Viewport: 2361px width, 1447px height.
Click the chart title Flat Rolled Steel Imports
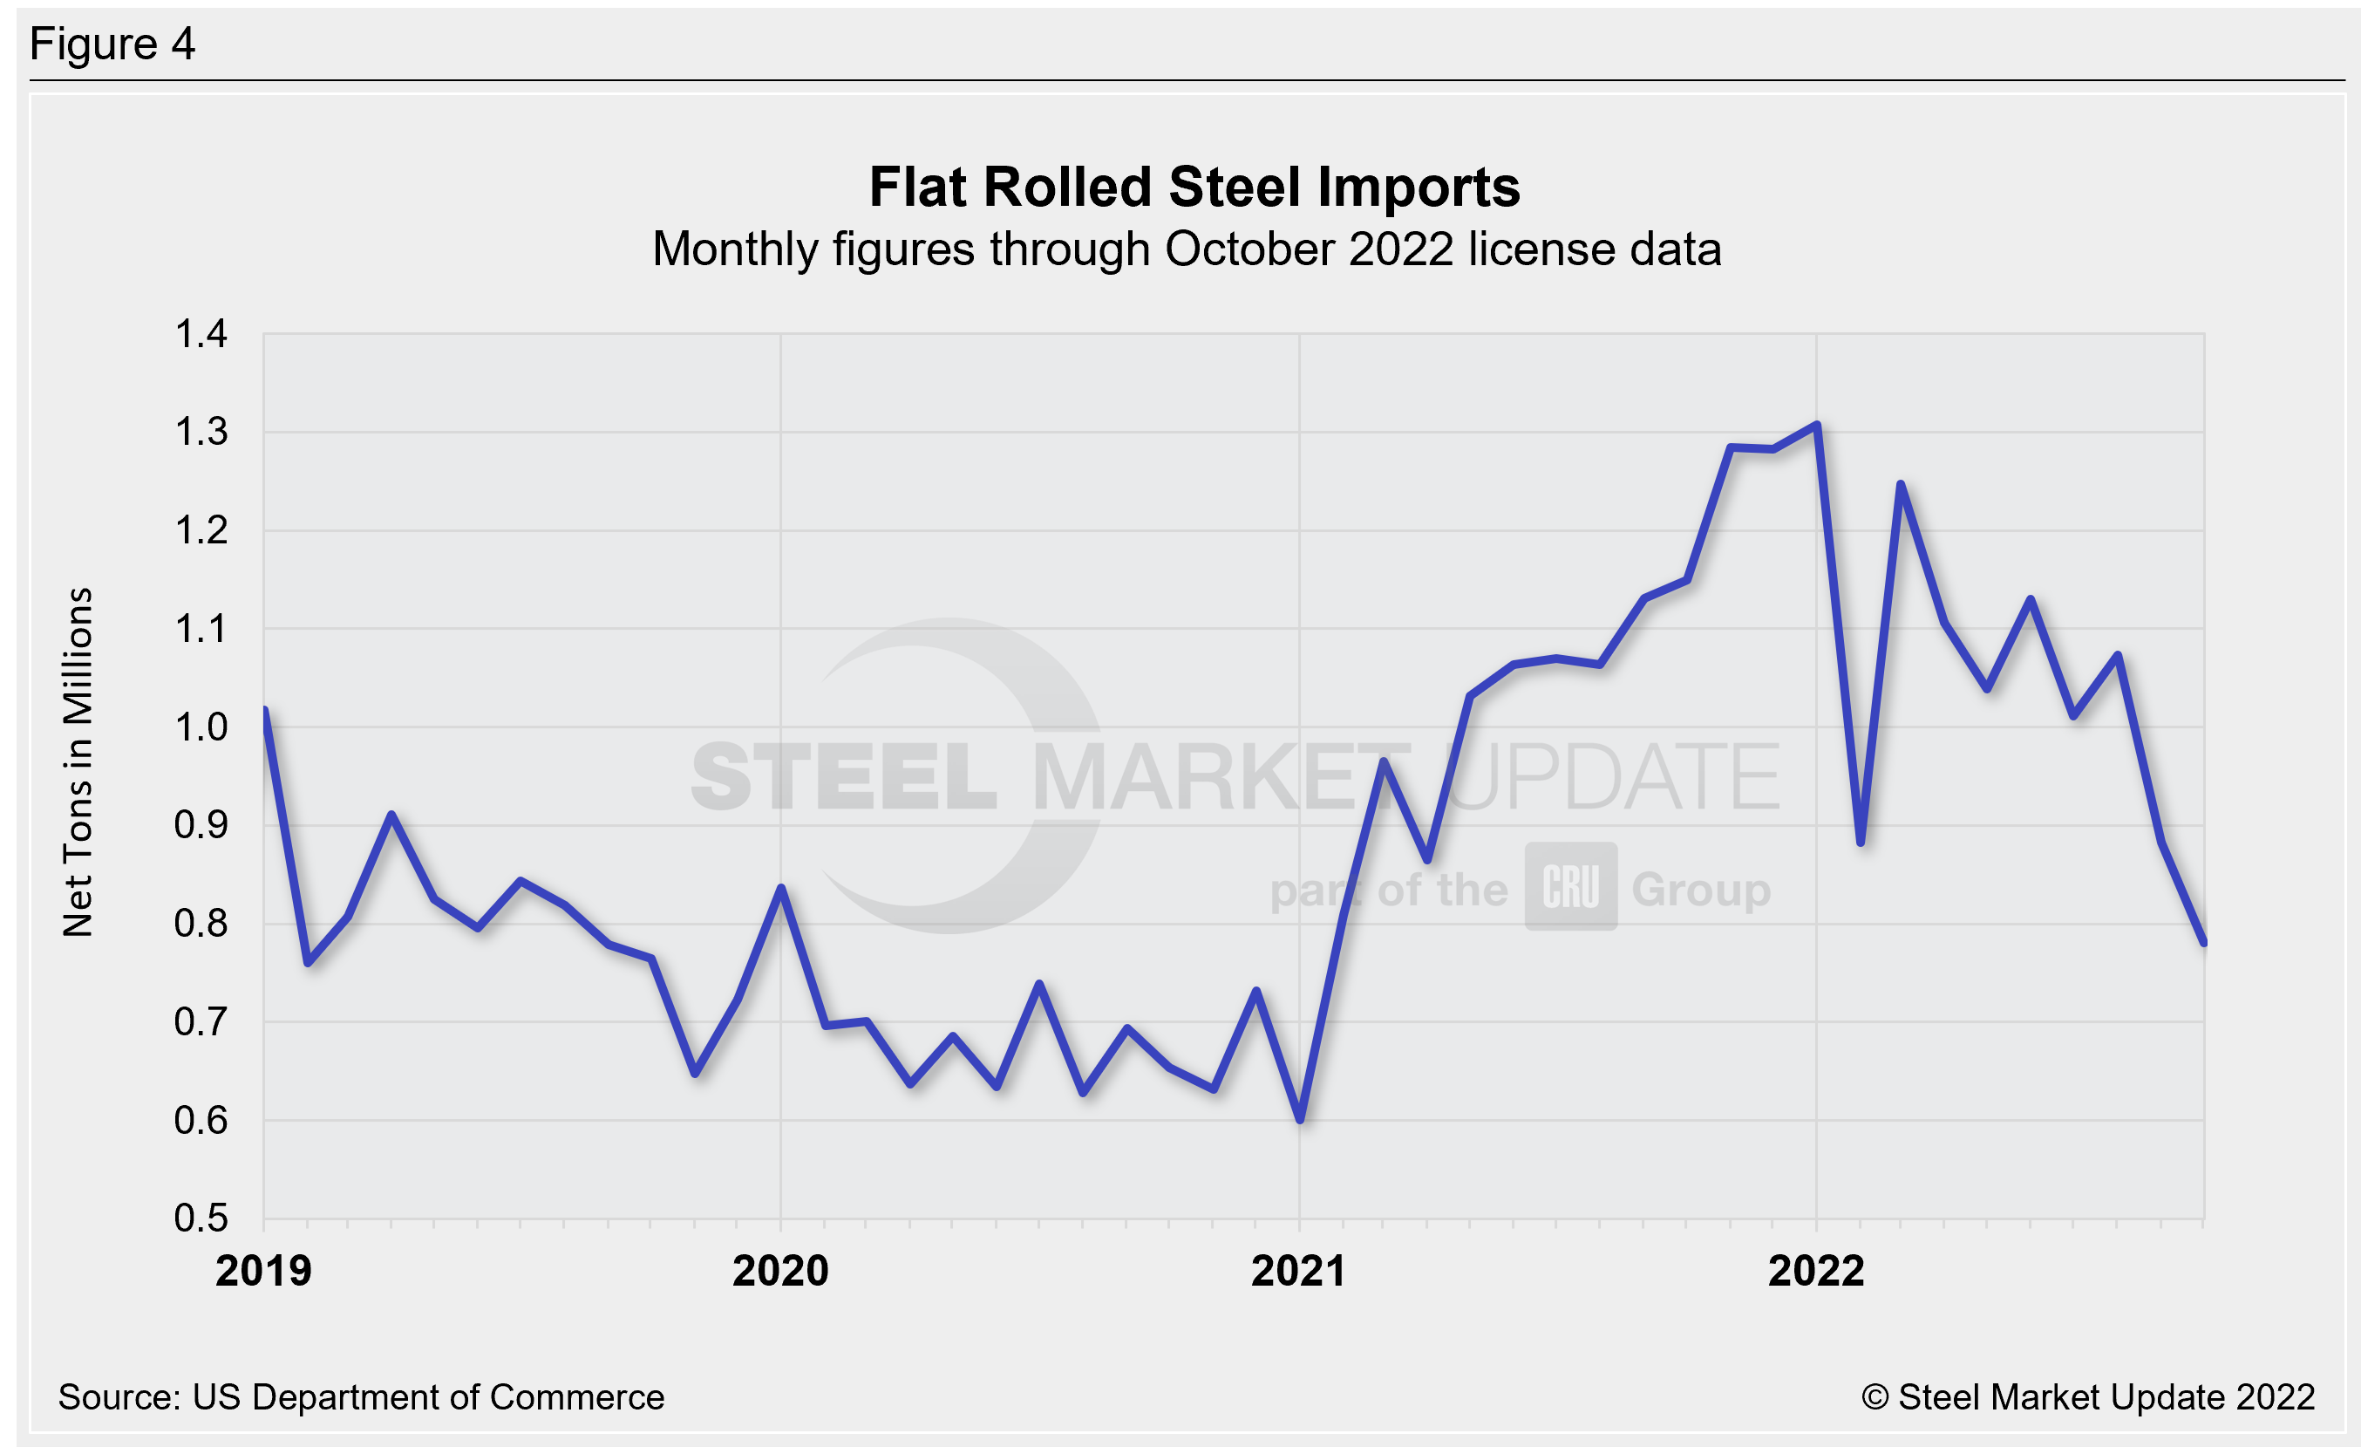pos(1194,187)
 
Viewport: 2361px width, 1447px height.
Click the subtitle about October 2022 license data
pos(1187,250)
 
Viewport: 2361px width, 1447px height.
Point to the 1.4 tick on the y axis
pos(201,334)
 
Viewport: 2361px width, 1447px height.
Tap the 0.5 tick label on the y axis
pos(201,1218)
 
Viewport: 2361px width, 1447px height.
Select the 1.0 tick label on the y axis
pos(201,727)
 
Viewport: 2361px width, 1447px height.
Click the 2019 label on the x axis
pos(263,1272)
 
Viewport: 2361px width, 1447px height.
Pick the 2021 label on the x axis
pos(1298,1272)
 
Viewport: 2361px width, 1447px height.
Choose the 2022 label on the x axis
pos(1816,1272)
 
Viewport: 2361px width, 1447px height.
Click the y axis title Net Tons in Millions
pos(78,761)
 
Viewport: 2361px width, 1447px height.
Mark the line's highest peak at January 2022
pos(1817,425)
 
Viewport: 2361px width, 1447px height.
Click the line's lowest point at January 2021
pos(1300,1119)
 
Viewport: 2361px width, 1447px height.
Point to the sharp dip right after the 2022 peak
pos(1860,843)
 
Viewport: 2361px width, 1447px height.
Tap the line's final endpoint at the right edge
pos(2204,943)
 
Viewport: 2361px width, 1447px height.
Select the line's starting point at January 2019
pos(264,710)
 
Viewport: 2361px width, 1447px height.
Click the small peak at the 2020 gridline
pos(782,888)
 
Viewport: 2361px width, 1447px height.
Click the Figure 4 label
pos(112,44)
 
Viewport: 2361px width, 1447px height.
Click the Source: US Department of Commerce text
pos(360,1397)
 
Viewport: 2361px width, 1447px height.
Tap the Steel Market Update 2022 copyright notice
pos(2088,1397)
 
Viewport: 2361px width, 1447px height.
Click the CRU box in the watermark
pos(1570,886)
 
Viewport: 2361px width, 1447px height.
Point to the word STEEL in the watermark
pos(843,776)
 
